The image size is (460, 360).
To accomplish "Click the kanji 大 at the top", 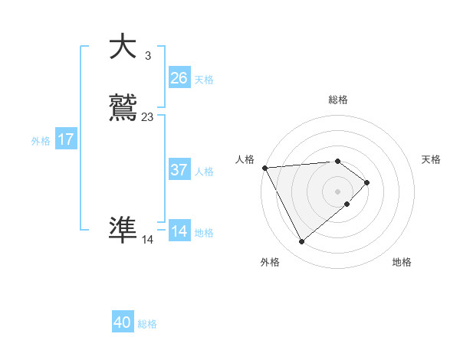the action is coord(123,47).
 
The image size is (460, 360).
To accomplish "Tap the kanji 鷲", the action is coord(123,108).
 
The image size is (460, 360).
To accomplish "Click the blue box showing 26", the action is coord(179,78).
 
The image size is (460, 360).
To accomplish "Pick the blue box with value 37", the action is coord(179,170).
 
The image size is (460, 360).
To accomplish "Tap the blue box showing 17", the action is coord(65,139).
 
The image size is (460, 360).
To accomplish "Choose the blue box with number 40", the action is coord(123,323).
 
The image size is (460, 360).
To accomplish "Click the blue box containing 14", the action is coord(179,231).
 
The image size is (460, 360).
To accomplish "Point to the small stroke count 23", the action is coord(147,117).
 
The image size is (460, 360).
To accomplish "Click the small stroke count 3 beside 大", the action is coord(147,56).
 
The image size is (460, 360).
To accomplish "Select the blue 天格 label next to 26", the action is coord(204,80).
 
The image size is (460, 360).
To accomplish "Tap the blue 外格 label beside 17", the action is coord(41,141).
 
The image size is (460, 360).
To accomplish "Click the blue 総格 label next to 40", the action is coord(147,325).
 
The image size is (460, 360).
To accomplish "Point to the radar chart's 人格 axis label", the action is coord(245,159).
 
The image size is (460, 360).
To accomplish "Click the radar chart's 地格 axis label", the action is coord(402,263).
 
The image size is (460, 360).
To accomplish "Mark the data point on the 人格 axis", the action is coord(264,167).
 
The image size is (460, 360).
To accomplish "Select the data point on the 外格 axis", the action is coord(301,242).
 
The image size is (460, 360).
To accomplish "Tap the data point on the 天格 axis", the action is coord(367,182).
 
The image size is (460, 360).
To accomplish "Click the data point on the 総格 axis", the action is coord(337,161).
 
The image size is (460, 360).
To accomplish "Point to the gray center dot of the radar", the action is coord(337,191).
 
